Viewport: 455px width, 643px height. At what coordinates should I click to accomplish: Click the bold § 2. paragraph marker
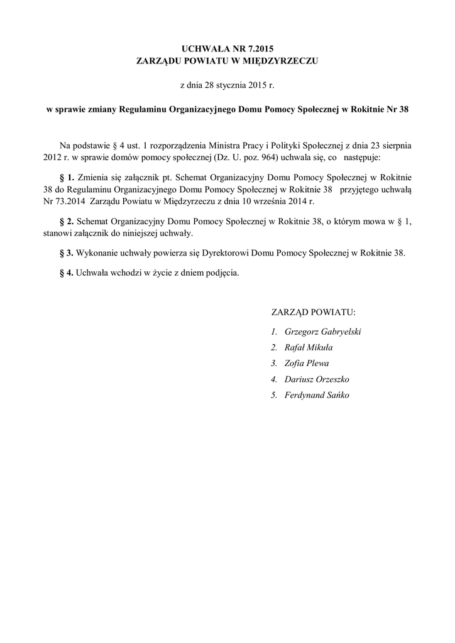pyautogui.click(x=66, y=222)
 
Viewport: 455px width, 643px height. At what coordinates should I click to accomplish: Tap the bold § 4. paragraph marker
pyautogui.click(x=66, y=273)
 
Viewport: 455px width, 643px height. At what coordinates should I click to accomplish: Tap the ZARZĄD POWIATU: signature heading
pyautogui.click(x=314, y=312)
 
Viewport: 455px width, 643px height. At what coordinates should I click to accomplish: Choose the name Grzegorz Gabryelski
pyautogui.click(x=322, y=332)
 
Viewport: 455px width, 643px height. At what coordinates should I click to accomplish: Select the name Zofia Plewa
pyautogui.click(x=306, y=363)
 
